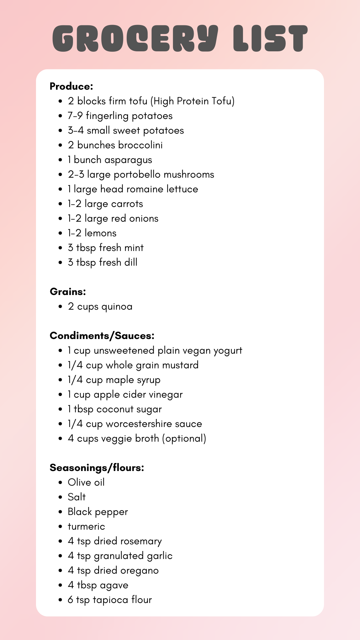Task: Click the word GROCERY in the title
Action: point(135,38)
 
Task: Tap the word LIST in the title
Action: point(270,38)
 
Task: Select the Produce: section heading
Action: point(71,86)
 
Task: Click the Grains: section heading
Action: point(68,292)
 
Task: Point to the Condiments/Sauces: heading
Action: point(102,336)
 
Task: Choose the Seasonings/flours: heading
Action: point(97,468)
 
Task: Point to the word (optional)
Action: point(184,438)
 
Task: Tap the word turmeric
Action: point(86,526)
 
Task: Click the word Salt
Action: point(77,497)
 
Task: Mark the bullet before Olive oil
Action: point(60,483)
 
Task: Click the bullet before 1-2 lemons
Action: point(60,233)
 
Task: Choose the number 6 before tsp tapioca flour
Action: point(70,600)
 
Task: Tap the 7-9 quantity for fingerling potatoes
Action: point(75,116)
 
